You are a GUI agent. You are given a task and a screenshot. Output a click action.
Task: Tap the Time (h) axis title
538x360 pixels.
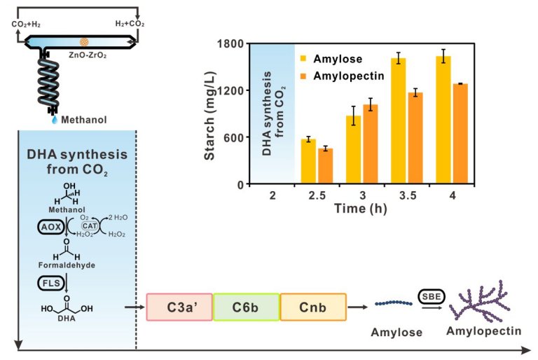click(x=359, y=208)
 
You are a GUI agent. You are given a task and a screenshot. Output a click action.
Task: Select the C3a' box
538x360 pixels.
click(x=179, y=307)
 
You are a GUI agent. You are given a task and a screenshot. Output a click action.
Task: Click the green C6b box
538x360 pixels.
click(x=246, y=307)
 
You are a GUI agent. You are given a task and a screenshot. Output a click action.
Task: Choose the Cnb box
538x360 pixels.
click(x=313, y=307)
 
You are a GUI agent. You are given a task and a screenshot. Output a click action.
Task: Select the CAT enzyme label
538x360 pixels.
click(x=88, y=226)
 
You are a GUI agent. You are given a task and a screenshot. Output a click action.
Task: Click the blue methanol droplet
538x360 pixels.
click(x=55, y=120)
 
